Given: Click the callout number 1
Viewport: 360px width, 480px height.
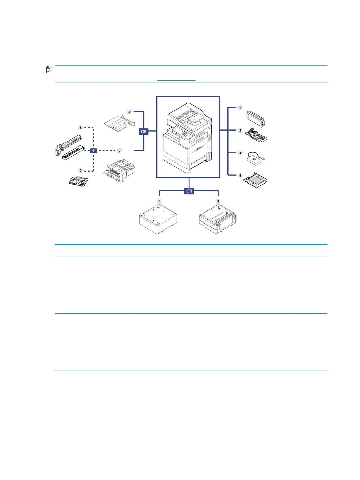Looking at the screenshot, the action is tap(240, 108).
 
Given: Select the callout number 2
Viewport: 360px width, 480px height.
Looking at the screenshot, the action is tap(240, 131).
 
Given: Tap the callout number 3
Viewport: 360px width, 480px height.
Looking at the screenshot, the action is tap(240, 153).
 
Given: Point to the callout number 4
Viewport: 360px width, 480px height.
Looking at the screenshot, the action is tap(240, 175).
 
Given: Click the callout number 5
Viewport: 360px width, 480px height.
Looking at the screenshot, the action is tap(218, 201).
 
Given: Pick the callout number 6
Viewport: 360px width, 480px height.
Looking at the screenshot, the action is tap(160, 201).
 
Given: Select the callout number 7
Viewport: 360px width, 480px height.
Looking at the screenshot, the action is tap(120, 151).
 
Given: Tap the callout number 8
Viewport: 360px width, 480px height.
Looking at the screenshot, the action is tap(81, 128).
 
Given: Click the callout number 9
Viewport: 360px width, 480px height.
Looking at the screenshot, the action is tap(81, 171).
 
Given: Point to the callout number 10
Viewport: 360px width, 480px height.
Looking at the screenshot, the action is tap(129, 112).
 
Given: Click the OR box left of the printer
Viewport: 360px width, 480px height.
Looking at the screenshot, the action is tap(144, 132).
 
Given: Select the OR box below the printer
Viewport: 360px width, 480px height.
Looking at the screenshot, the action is tap(189, 191).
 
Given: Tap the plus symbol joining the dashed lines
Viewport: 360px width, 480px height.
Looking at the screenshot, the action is tap(93, 151).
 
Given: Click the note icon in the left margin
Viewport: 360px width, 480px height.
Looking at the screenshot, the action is tap(49, 70).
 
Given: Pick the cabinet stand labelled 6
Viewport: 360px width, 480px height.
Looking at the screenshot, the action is tap(158, 219).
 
